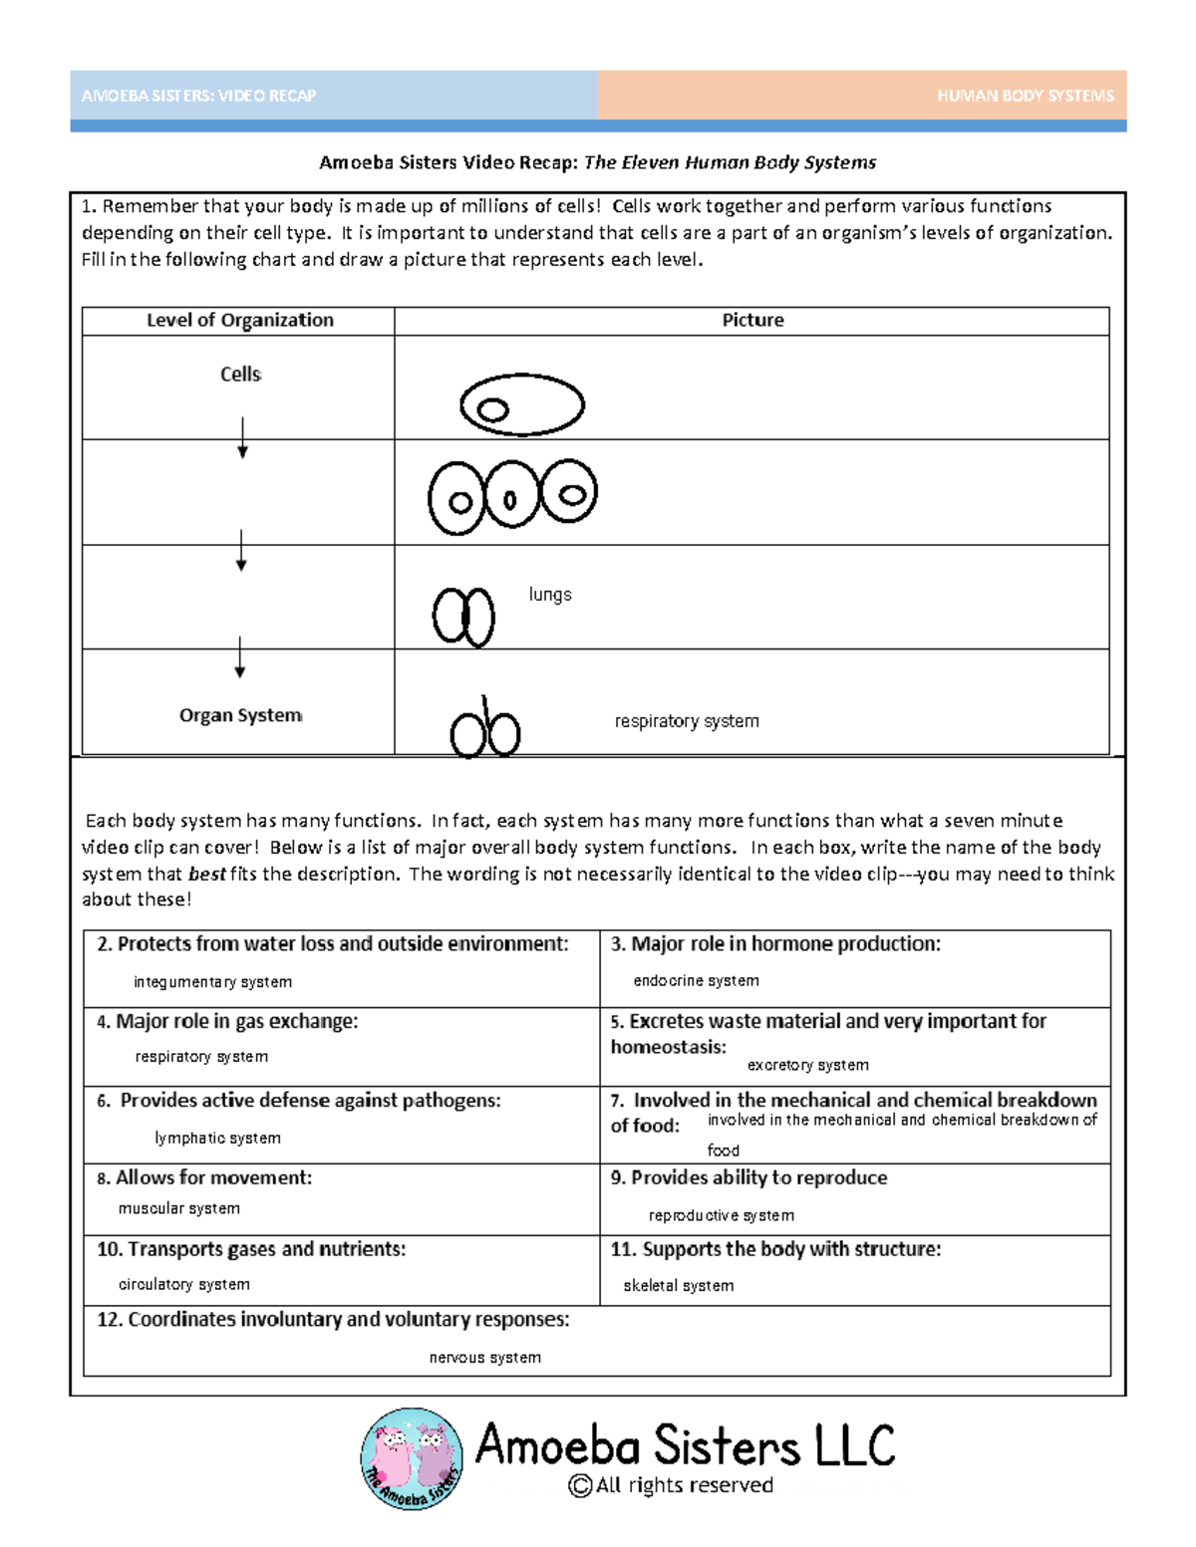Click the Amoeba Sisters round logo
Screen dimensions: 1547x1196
[x=412, y=1458]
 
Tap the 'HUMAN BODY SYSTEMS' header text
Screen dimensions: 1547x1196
[x=1025, y=96]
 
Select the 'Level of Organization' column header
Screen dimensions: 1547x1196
[x=239, y=320]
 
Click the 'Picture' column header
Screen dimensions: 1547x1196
[x=752, y=320]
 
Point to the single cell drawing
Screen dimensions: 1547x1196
[x=521, y=404]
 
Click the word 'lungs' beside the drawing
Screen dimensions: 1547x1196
[x=550, y=595]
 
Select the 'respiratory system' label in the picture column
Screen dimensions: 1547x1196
[x=687, y=721]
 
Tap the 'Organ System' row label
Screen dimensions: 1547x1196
[x=240, y=715]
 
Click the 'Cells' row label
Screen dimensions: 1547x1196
[x=240, y=375]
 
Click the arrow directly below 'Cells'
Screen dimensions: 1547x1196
[x=242, y=437]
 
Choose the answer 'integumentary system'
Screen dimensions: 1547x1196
[x=212, y=982]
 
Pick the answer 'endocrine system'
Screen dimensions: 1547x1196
[x=696, y=981]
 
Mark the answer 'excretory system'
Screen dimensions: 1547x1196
[x=807, y=1066]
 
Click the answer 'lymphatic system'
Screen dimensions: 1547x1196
[x=217, y=1139]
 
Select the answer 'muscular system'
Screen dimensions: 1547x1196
[x=178, y=1209]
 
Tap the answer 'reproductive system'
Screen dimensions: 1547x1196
[x=721, y=1216]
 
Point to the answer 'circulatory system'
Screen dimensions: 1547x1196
[x=183, y=1285]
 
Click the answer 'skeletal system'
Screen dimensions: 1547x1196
[x=678, y=1287]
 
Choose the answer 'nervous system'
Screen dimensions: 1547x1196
[x=484, y=1359]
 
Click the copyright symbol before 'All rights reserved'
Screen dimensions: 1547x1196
[x=579, y=1486]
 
